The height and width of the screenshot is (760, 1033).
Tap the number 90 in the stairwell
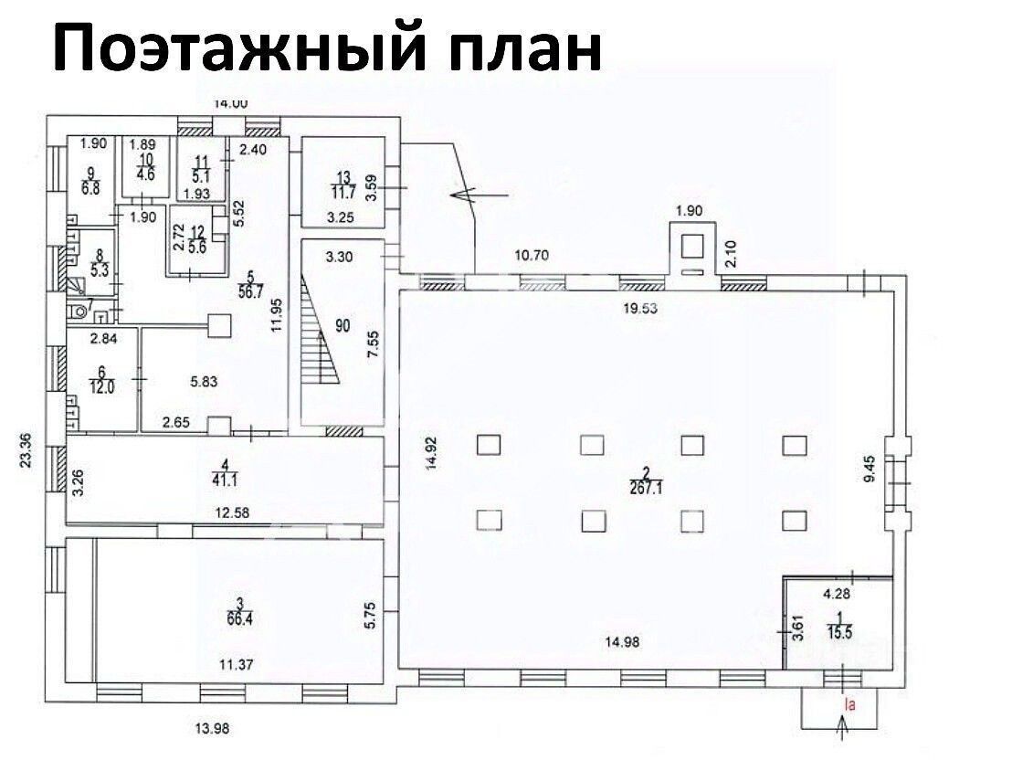343,327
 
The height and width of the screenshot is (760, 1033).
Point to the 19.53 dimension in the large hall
640,309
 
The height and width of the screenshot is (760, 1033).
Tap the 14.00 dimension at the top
230,103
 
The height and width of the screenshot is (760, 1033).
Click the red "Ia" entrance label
849,703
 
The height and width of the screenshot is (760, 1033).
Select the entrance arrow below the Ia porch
841,728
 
